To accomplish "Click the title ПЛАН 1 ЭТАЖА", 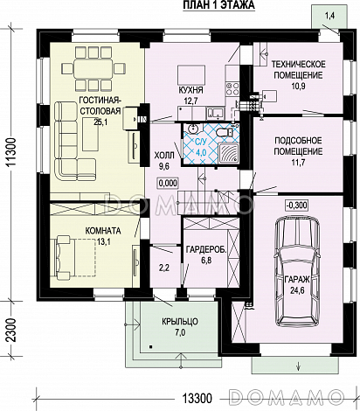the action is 218,5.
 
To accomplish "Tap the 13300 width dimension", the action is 197,398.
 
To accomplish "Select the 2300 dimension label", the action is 12,331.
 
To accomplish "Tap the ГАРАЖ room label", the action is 297,280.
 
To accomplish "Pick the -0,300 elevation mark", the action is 296,205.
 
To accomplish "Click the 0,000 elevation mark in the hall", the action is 168,183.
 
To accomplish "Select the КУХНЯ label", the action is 190,90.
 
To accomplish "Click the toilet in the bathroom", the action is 225,132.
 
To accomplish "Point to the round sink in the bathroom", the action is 193,128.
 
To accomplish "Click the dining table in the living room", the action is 93,68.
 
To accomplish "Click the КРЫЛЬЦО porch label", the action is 180,322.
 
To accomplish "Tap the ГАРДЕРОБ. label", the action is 206,250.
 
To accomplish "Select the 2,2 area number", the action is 164,268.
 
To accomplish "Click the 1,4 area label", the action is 329,17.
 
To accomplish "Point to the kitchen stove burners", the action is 232,89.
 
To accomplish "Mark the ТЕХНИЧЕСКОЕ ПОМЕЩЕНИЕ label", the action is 298,69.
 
